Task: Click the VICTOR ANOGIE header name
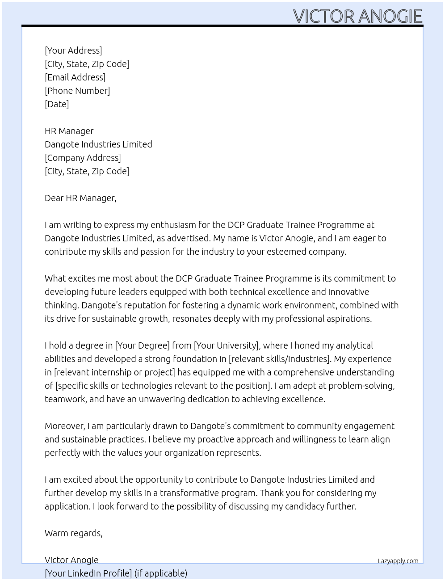tap(357, 16)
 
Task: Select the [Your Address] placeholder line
tap(73, 51)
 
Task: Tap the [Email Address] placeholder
tap(75, 77)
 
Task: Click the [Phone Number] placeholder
tap(77, 91)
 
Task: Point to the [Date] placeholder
tap(57, 104)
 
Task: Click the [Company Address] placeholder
tap(83, 158)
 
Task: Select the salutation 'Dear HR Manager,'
tap(80, 198)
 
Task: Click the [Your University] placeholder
tap(226, 345)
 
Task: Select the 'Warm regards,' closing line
tap(74, 533)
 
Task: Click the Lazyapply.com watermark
tap(398, 561)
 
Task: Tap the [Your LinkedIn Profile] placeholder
tap(88, 573)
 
